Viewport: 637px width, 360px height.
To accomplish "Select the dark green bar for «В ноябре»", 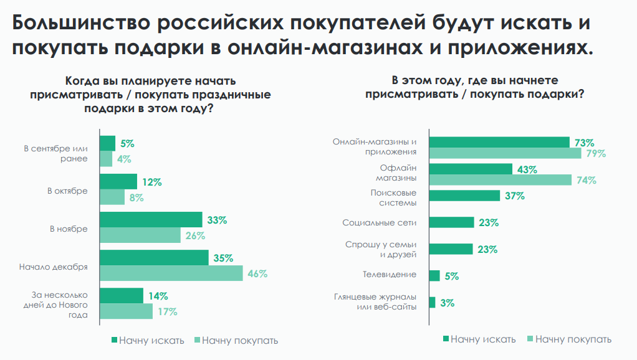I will click(x=151, y=220).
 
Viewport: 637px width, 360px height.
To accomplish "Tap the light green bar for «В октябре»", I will click(x=112, y=197).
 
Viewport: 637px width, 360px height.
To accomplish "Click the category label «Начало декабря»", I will click(x=61, y=267).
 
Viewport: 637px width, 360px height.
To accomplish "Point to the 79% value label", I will click(x=595, y=154).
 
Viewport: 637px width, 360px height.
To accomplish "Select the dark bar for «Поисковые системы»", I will click(x=464, y=196).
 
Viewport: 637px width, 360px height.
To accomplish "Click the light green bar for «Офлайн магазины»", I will click(x=500, y=180).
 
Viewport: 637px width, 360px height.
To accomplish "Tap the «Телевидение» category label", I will click(x=390, y=274).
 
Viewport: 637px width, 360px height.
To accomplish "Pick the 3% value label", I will click(x=446, y=303).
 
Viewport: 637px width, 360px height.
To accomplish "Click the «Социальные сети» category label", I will click(x=379, y=222).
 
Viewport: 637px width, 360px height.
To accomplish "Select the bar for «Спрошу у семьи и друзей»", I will click(x=451, y=249).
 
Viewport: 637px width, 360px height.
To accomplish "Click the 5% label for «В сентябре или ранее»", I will click(x=127, y=144).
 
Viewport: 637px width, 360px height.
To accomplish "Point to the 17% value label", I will click(x=166, y=311).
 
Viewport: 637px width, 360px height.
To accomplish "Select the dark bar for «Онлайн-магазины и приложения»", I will click(x=499, y=143).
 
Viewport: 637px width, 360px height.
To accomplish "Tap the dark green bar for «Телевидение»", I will click(x=434, y=276).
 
